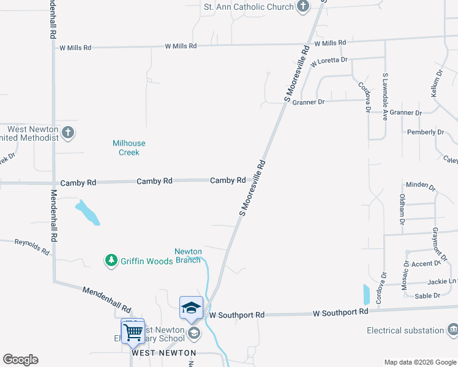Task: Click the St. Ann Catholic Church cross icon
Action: coord(302,7)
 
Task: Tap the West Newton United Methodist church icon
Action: coord(68,132)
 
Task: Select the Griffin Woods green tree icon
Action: coord(111,261)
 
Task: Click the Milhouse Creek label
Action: coord(129,147)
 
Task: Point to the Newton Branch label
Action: coord(188,256)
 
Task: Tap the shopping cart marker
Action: coord(133,332)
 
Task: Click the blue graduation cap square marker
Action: coord(191,307)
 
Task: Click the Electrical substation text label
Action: coord(405,330)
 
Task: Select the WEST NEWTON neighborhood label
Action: coord(163,353)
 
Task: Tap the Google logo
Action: coord(20,359)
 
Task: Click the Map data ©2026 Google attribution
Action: coord(419,362)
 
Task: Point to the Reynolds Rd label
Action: coord(32,247)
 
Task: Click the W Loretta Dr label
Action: coord(329,61)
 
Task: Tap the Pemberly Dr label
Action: coord(425,132)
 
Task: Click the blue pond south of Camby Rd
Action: coord(88,212)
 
